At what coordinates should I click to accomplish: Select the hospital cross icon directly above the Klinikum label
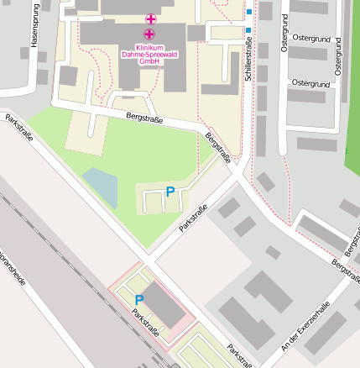tap(149, 34)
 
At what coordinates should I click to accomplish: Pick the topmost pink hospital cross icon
tap(151, 18)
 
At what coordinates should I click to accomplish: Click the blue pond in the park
tap(102, 186)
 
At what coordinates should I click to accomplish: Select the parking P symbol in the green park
tap(170, 192)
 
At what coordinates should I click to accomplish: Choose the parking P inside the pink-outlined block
tap(139, 299)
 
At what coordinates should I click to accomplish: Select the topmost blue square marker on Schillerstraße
tap(249, 12)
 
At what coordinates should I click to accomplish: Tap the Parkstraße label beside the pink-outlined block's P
tap(145, 323)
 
